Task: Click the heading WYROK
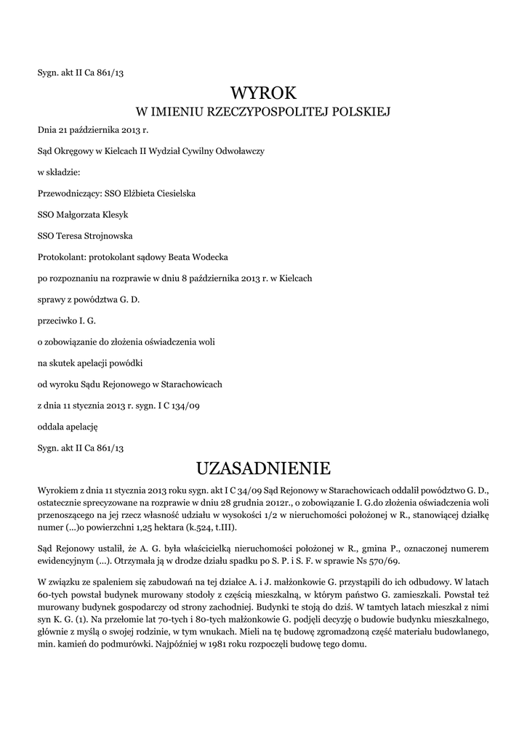[264, 92]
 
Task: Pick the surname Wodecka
[209, 256]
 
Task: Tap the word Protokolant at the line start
[61, 256]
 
